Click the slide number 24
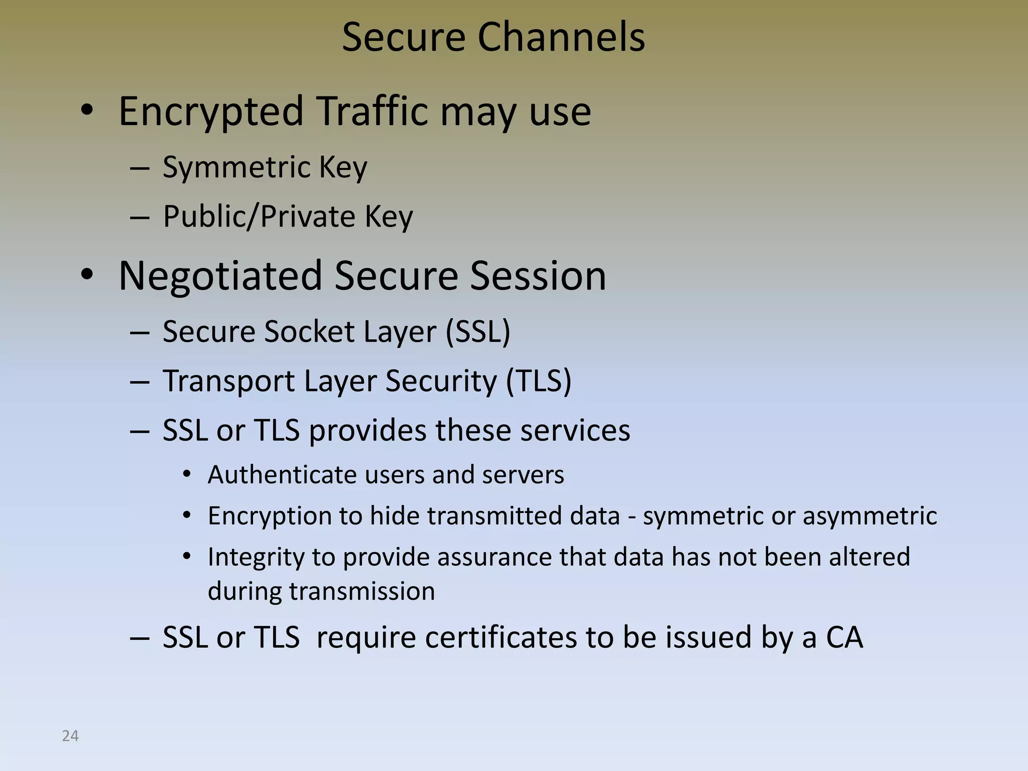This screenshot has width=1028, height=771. [x=70, y=736]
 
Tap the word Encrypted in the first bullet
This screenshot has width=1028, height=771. [x=211, y=111]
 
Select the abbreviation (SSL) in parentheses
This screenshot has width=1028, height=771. [x=478, y=331]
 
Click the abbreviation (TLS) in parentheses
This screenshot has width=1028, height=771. [x=538, y=380]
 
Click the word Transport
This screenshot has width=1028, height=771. [x=229, y=380]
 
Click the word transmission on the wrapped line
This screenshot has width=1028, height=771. [x=361, y=591]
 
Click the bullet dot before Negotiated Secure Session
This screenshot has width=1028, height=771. [x=87, y=275]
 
